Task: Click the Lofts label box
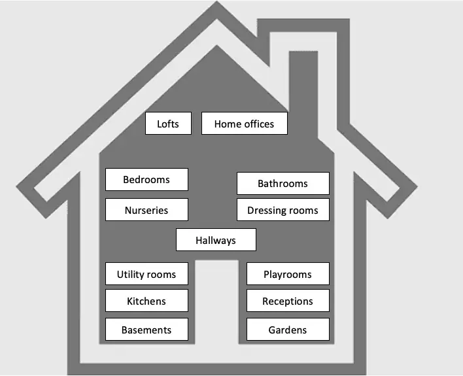(168, 124)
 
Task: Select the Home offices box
(245, 124)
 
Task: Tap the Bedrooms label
(146, 180)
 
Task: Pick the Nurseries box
(146, 210)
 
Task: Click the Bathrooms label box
(283, 183)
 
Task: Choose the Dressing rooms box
(283, 210)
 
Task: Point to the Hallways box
(216, 240)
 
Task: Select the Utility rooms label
(146, 274)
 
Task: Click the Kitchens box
(146, 301)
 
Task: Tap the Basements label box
(146, 330)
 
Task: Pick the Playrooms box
(288, 274)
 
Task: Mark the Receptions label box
(288, 301)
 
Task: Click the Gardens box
(288, 330)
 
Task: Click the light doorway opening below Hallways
(216, 302)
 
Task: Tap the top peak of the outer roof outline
(216, 1)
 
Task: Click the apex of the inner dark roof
(216, 46)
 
